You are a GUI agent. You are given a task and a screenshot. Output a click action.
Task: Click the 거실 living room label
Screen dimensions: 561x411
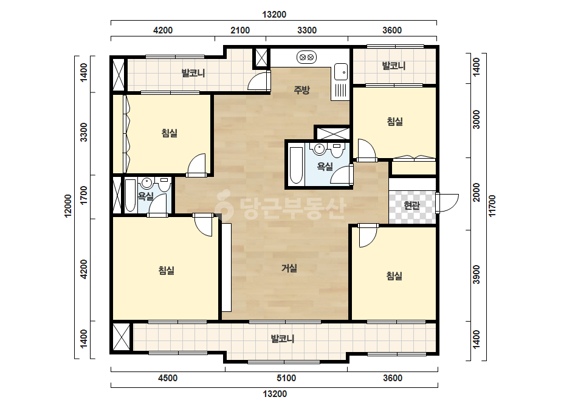(x=289, y=268)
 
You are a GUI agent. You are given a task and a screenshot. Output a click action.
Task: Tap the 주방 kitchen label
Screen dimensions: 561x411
(x=301, y=90)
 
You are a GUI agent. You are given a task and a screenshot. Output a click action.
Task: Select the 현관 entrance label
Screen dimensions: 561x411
(x=411, y=206)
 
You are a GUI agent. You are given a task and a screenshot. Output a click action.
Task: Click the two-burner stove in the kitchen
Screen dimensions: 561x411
(x=306, y=57)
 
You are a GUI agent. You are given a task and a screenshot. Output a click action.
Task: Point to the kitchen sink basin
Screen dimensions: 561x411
(x=341, y=72)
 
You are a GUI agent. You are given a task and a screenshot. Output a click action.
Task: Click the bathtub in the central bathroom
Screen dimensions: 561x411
(x=296, y=165)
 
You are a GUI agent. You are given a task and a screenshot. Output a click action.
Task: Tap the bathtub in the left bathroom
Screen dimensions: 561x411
(x=130, y=195)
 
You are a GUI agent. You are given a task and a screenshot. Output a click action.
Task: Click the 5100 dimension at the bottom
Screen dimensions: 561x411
(x=286, y=378)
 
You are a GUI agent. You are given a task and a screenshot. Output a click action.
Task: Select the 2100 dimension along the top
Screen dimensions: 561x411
(x=240, y=30)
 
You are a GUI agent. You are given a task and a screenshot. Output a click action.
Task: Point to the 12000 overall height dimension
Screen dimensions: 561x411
(x=67, y=206)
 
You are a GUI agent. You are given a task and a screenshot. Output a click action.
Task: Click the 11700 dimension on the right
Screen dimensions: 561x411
(x=492, y=206)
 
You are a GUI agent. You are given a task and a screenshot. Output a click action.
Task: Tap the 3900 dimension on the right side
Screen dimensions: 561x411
(x=477, y=275)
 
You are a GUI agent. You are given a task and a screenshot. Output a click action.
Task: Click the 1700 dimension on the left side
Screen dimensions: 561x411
(x=84, y=196)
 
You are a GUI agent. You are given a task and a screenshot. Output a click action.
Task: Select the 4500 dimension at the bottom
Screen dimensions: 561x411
(x=167, y=378)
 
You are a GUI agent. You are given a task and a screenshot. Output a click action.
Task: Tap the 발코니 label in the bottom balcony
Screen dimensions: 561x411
(x=282, y=339)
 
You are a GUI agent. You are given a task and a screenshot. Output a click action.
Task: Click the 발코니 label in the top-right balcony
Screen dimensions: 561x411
(x=394, y=66)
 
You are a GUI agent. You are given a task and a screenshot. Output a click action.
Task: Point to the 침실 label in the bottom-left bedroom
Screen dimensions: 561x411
(x=167, y=271)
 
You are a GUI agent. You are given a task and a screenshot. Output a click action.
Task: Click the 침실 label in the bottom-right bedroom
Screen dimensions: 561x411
(x=394, y=275)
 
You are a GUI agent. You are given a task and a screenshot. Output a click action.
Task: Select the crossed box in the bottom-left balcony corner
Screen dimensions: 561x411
(x=122, y=337)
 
